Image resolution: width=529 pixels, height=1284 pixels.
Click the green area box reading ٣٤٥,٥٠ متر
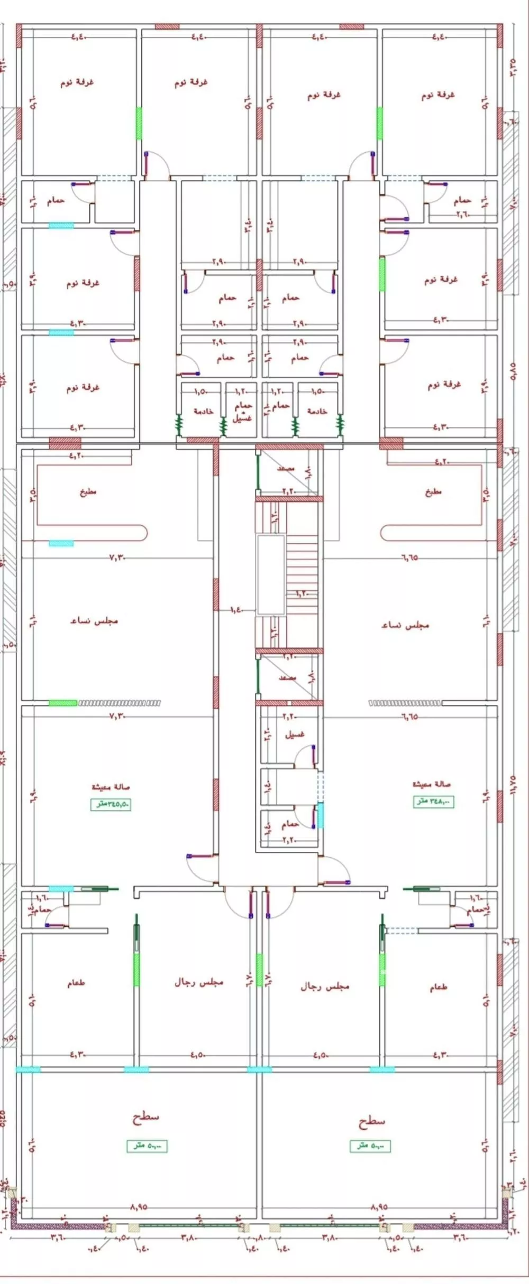click(110, 804)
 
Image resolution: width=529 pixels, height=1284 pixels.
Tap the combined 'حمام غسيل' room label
click(243, 411)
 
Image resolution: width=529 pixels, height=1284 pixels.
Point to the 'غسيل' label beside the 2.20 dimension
click(295, 735)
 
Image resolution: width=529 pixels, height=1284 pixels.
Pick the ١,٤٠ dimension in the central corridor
click(236, 610)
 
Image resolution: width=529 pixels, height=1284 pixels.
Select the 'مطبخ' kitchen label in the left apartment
click(88, 492)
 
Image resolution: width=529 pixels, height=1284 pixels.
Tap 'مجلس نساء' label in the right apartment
click(405, 625)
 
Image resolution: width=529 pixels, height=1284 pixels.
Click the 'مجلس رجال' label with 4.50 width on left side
click(199, 982)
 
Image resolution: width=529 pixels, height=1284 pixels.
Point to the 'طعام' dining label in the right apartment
click(438, 987)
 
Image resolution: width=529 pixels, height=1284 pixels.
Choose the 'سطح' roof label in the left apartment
click(145, 1117)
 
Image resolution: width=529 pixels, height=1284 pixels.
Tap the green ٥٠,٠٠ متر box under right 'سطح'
click(370, 1146)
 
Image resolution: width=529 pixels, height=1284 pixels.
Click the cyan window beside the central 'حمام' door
click(320, 815)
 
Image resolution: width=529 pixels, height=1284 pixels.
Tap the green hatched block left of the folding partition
click(63, 703)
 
